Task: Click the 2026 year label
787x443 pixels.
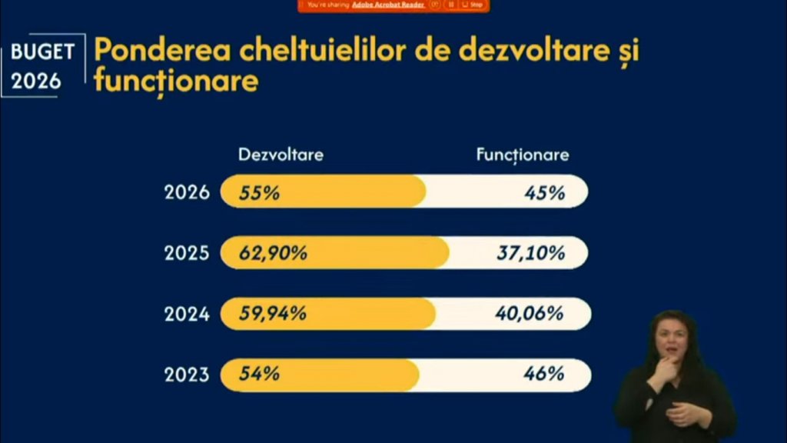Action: (187, 192)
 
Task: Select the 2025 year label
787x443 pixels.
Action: (187, 252)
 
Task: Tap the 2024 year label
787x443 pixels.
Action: (187, 314)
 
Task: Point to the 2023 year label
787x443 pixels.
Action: (187, 375)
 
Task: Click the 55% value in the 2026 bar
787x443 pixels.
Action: (259, 192)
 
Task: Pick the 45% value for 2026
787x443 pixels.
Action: (545, 192)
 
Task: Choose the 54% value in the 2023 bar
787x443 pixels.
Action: (259, 375)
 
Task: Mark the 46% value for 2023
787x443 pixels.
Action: (545, 375)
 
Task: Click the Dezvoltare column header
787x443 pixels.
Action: (281, 155)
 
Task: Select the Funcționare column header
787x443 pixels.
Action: (523, 155)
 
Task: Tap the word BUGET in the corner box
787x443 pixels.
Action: (43, 52)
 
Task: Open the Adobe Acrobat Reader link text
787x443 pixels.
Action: (388, 5)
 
